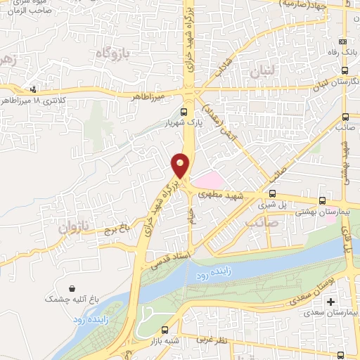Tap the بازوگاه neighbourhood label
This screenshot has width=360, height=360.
point(114,53)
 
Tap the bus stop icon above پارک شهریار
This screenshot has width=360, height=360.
point(184,112)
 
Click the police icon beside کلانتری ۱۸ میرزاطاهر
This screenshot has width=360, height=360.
point(33,89)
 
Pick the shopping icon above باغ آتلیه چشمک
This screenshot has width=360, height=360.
point(73,288)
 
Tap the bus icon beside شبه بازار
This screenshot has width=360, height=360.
point(165,330)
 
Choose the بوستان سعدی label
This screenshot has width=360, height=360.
point(314,288)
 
